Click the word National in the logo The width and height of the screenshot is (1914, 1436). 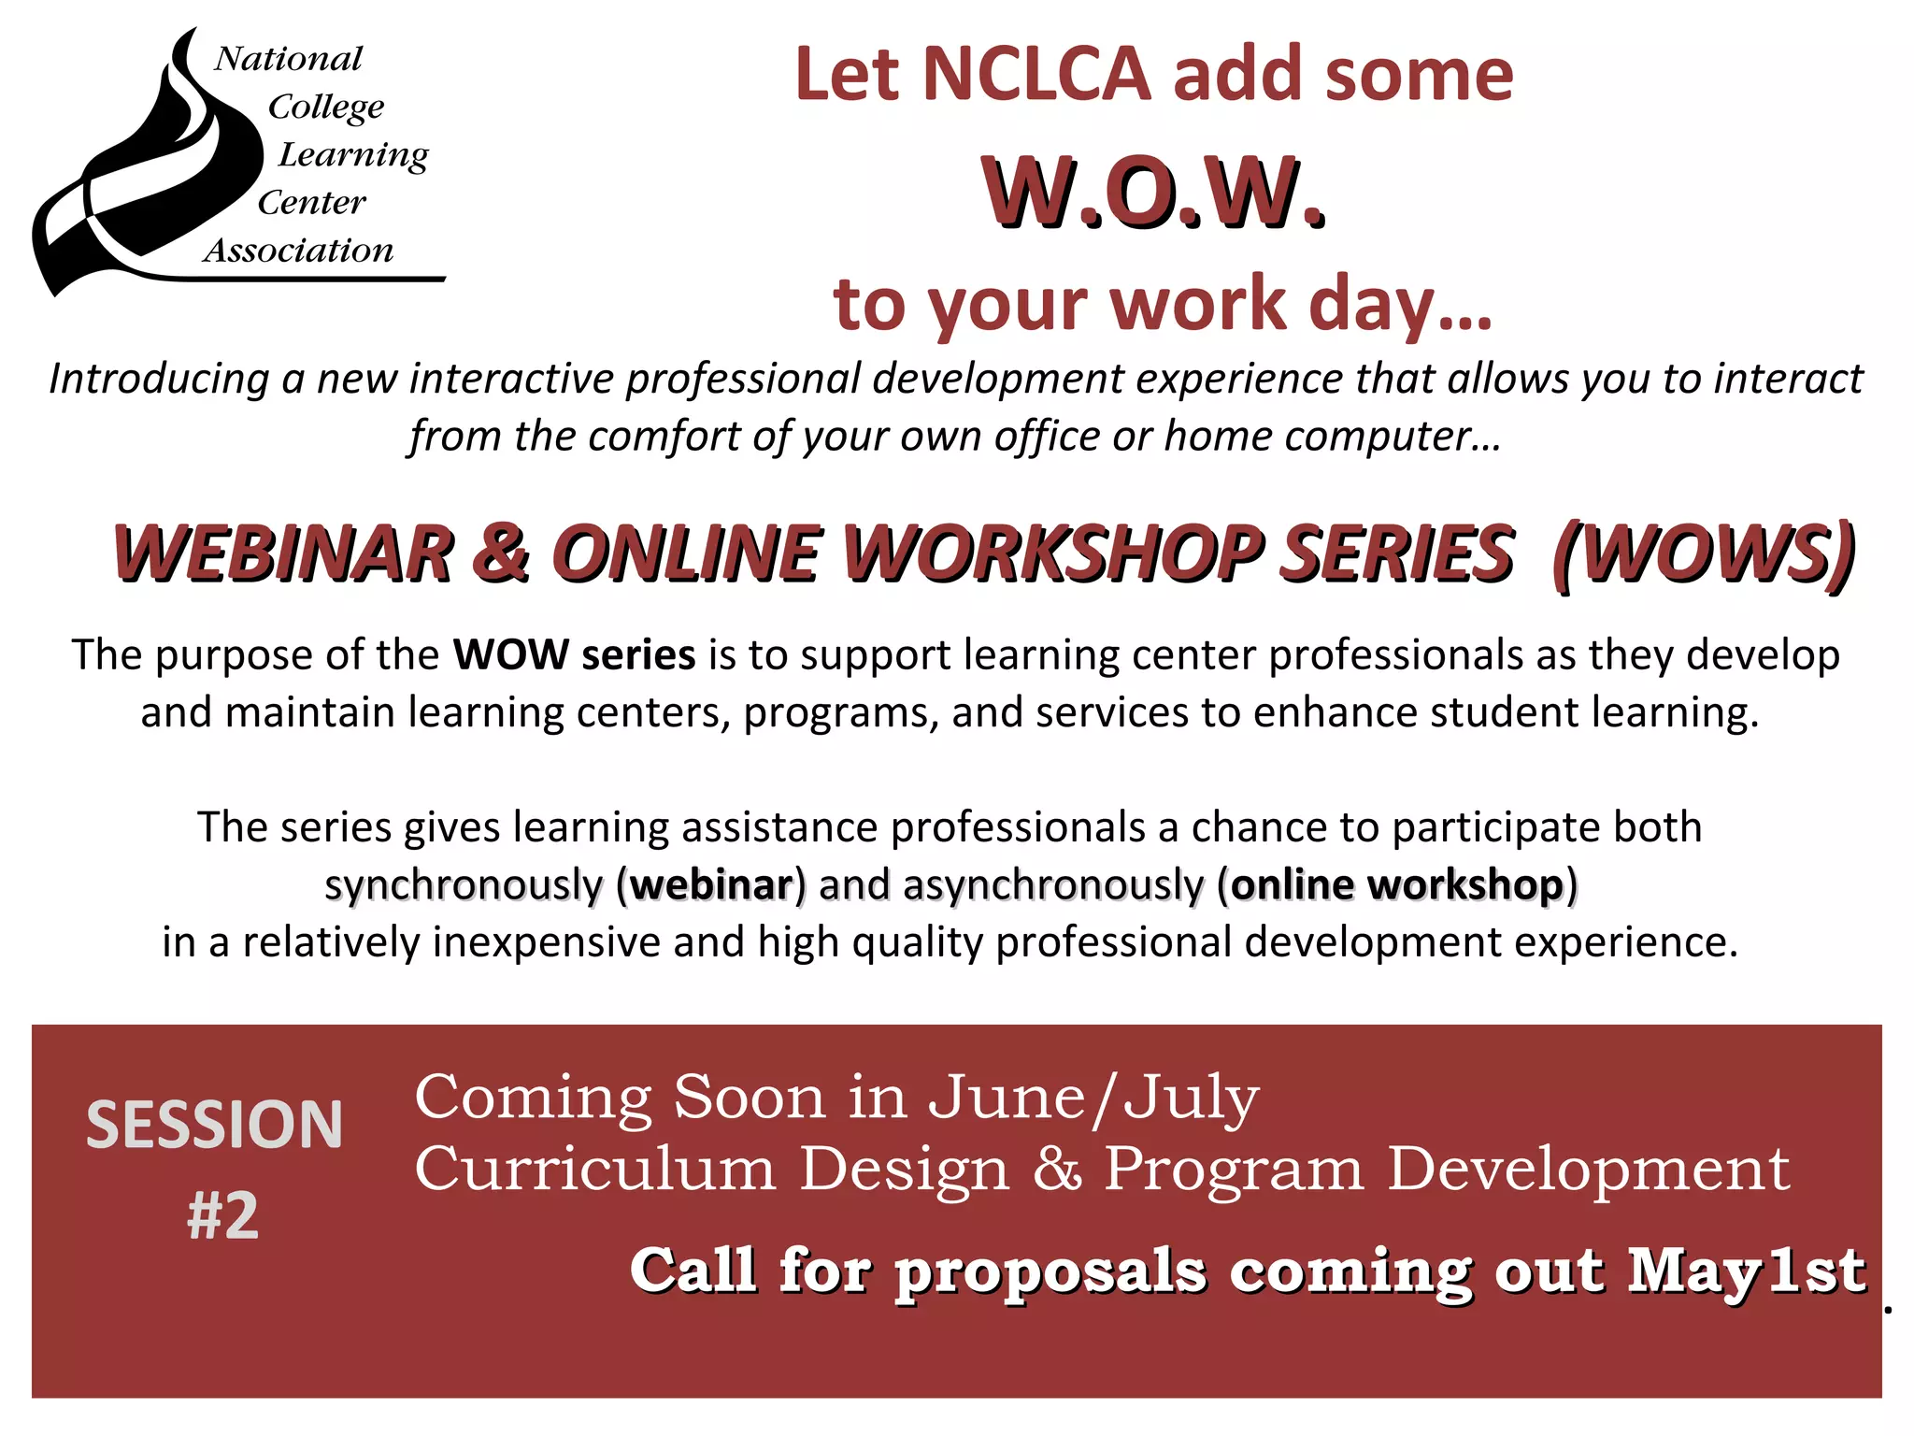(288, 59)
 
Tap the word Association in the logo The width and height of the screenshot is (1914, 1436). (299, 251)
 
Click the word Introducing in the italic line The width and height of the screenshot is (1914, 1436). (159, 380)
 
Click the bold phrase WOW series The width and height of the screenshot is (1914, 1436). (574, 655)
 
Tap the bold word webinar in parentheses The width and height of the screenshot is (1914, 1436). (711, 885)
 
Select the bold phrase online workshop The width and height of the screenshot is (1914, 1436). (1397, 885)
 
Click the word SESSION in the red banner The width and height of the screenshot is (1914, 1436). (215, 1125)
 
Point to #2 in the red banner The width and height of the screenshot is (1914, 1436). (222, 1215)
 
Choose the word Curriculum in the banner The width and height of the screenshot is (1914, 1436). (595, 1169)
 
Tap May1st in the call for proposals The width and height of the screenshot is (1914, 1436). (1748, 1271)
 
